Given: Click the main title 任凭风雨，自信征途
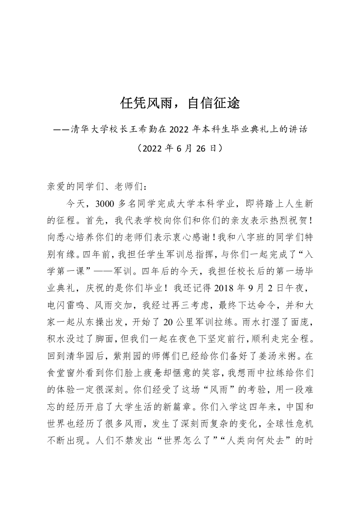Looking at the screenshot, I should point(180,104).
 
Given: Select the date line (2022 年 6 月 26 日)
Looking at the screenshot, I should point(180,148).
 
